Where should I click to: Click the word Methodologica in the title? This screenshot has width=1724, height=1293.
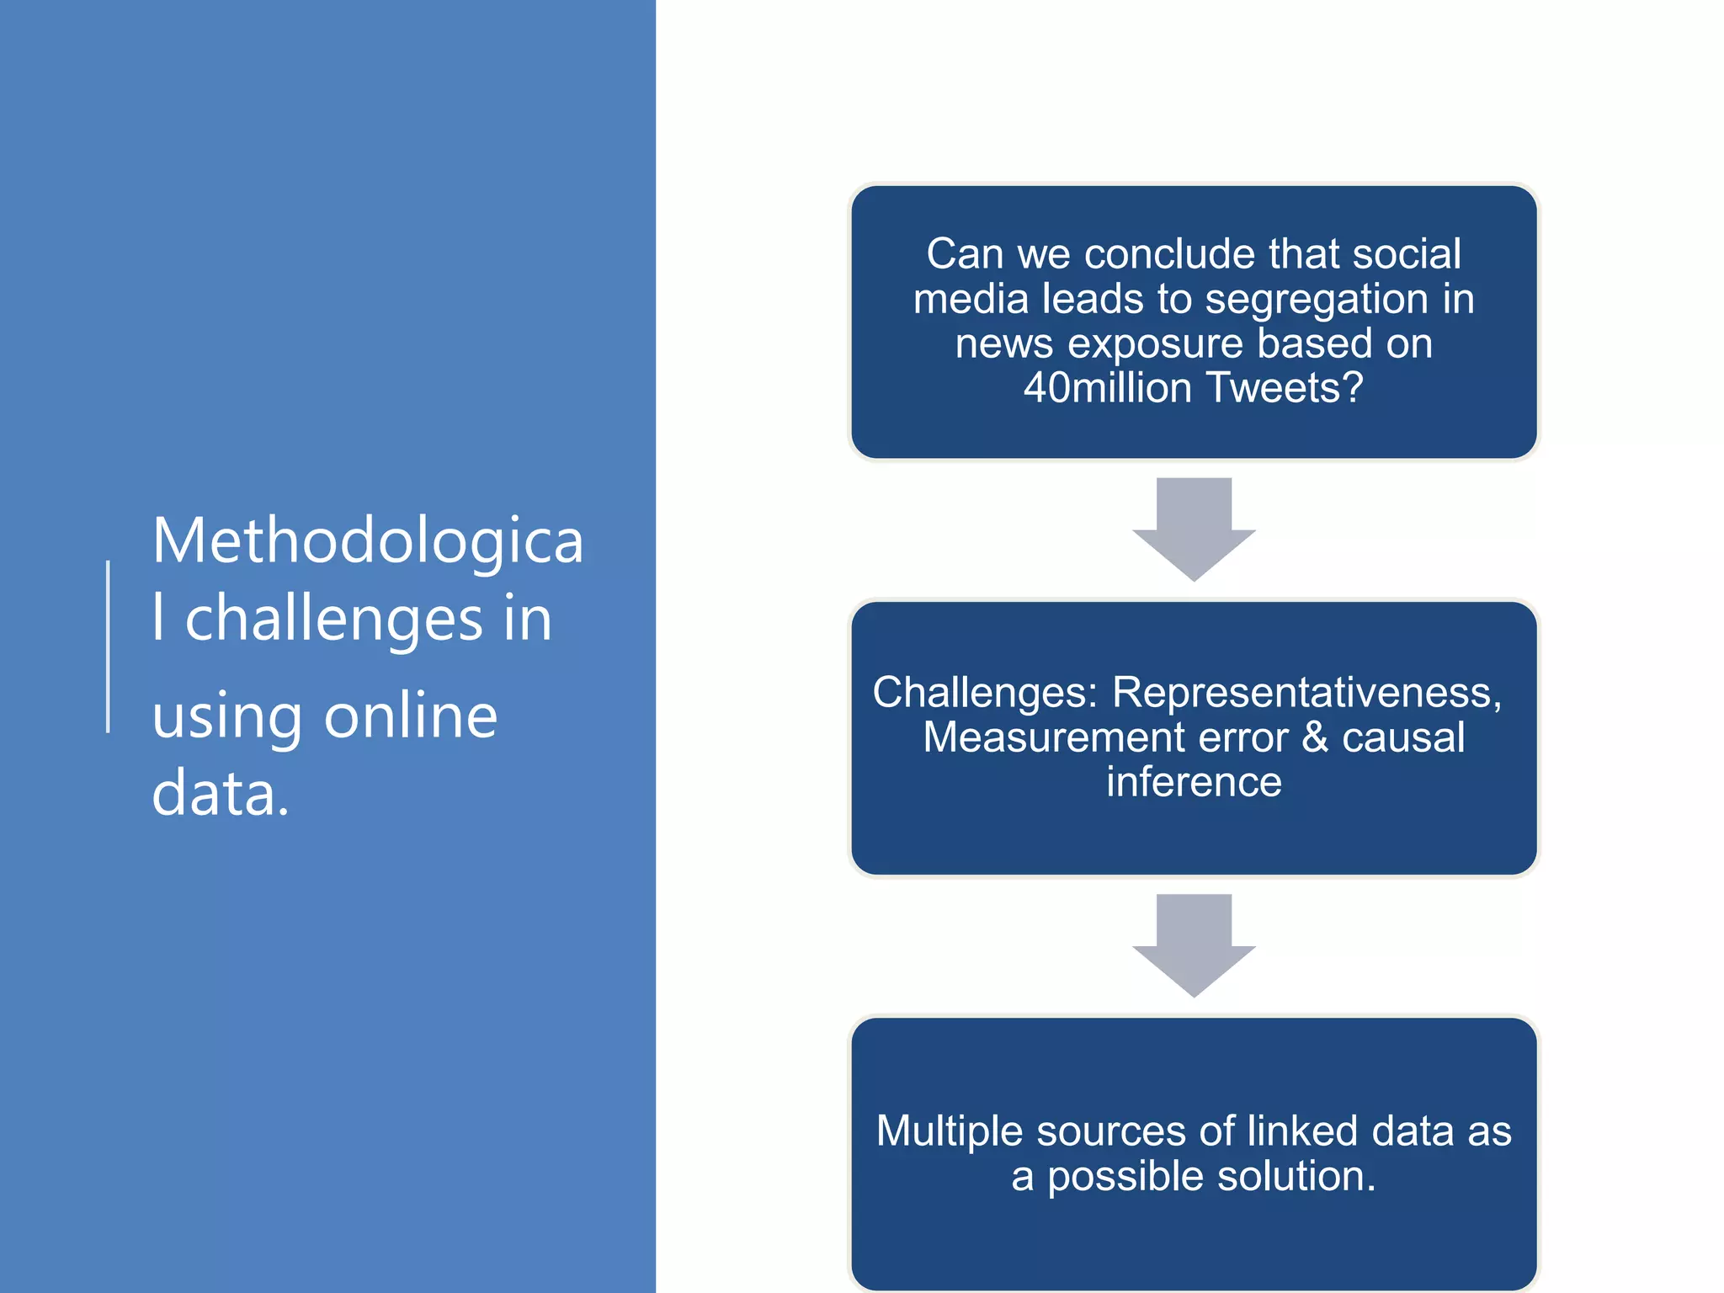(x=368, y=541)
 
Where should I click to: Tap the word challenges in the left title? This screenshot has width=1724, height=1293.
(x=334, y=619)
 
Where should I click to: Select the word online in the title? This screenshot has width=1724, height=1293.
(x=411, y=716)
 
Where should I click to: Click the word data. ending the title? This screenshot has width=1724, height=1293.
(x=221, y=793)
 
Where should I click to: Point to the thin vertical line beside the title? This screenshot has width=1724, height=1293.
(x=109, y=646)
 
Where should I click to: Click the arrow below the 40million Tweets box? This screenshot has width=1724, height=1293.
(x=1194, y=529)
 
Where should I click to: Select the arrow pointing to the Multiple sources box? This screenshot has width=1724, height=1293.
(x=1194, y=944)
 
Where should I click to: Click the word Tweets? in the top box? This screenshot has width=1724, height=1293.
(x=1284, y=388)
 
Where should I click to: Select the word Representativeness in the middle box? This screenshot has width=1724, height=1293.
(x=1301, y=693)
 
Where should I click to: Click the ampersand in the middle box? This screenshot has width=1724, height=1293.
(x=1315, y=737)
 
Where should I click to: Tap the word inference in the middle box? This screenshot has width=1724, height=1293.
(x=1194, y=782)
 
